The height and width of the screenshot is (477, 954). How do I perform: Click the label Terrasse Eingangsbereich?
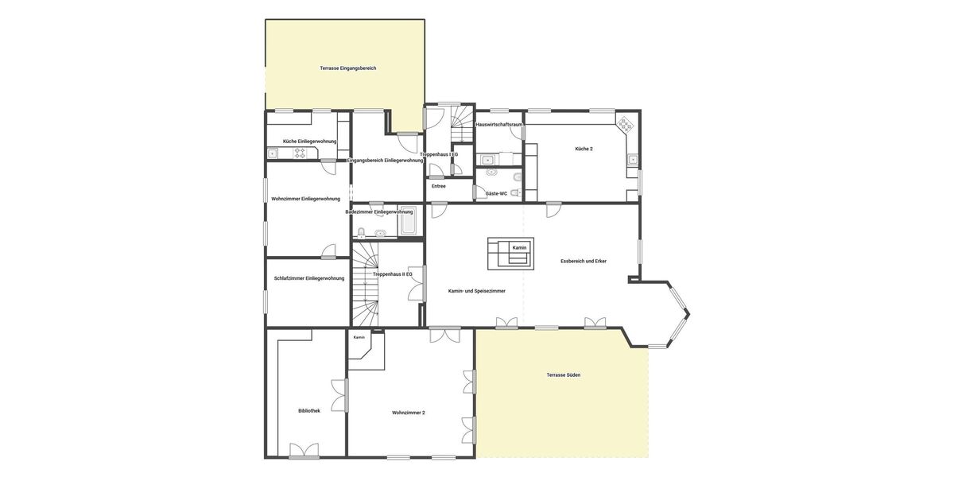(x=347, y=68)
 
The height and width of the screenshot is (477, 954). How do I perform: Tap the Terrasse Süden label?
(x=563, y=375)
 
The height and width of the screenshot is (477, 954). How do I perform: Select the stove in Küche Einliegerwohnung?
(x=300, y=153)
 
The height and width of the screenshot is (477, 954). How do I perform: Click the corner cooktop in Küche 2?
(x=626, y=125)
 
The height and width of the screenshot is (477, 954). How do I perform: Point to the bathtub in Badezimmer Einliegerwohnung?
(x=408, y=223)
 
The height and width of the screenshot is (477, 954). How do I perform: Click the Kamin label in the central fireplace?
(x=519, y=248)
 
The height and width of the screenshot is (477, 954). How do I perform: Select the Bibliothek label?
(x=309, y=411)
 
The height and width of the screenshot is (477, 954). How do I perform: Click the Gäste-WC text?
(x=496, y=193)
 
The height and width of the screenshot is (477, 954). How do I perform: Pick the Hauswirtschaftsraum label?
(x=498, y=125)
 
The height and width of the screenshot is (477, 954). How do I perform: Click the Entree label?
(x=438, y=186)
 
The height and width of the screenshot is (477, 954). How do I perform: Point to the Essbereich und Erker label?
(x=583, y=261)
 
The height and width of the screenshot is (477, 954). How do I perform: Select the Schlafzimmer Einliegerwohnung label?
(x=308, y=278)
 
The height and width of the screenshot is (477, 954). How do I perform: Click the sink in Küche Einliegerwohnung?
(x=273, y=153)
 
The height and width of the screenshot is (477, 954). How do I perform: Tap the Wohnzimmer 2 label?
(x=408, y=413)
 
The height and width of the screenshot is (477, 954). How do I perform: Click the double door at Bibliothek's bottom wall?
(x=304, y=452)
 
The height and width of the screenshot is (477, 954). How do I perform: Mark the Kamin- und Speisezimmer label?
(x=476, y=291)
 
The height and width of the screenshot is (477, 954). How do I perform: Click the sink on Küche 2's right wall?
(x=633, y=159)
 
